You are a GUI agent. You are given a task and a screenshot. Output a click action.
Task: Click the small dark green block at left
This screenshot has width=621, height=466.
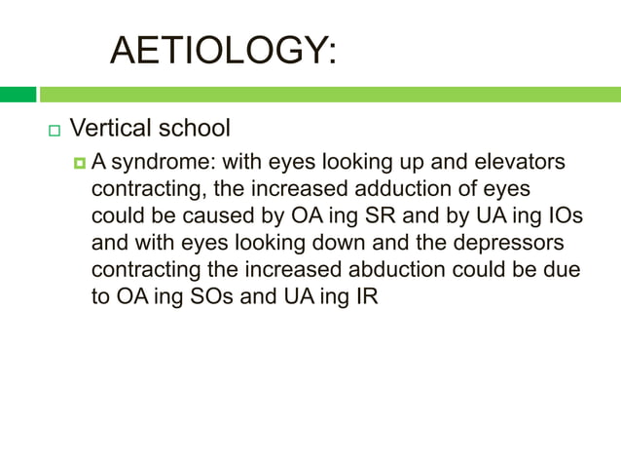pos(18,95)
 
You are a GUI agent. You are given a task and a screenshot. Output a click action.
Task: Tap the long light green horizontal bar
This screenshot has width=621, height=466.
pos(329,95)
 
